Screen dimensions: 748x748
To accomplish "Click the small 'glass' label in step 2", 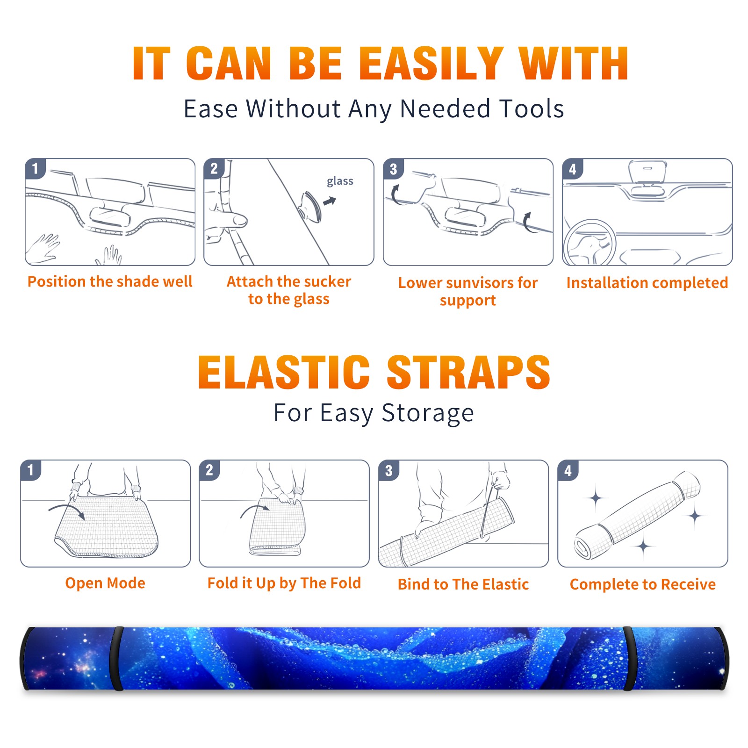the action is (340, 181).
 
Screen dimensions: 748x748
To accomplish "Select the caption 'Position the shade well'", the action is (110, 281).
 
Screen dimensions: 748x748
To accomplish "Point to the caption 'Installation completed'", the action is (647, 282).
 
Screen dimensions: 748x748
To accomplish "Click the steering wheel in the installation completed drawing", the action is (590, 242).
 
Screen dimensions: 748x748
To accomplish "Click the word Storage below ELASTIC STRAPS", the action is (428, 413).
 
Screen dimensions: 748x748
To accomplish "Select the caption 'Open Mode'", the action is (105, 583).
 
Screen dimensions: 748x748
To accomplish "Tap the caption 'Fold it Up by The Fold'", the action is (284, 583).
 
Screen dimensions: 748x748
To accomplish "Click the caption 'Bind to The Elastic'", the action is (463, 584).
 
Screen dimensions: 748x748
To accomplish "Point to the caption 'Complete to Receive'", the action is (643, 584).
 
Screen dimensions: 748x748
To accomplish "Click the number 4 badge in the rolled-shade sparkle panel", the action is (568, 470).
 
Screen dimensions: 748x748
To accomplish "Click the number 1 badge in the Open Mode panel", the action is (31, 470).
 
